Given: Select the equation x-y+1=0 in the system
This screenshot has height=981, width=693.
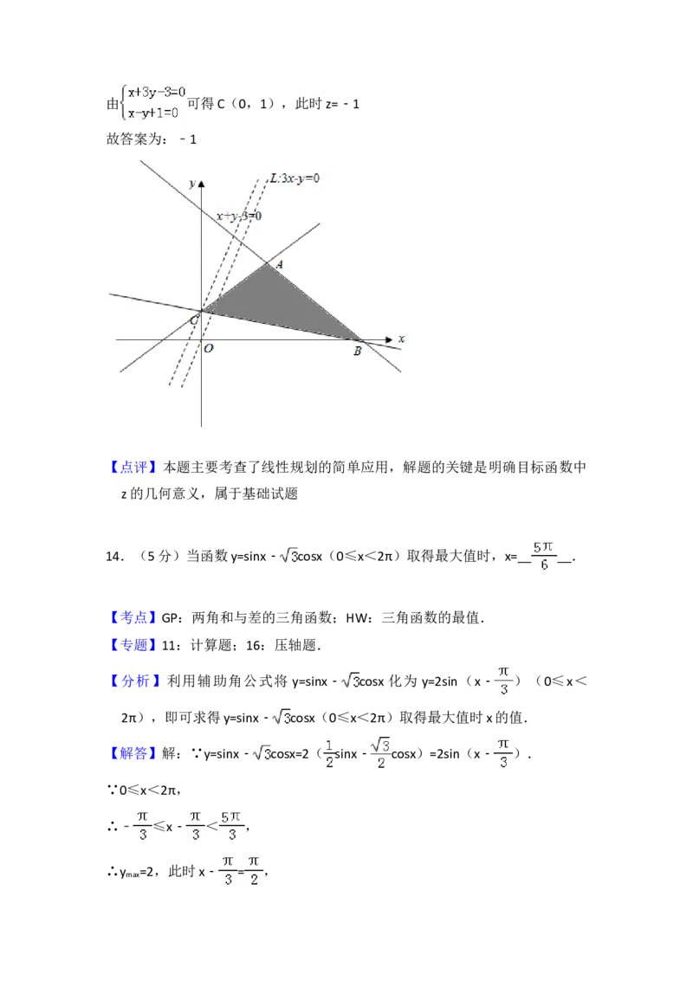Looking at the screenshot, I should tap(154, 113).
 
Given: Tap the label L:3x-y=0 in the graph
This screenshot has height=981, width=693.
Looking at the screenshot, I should tap(295, 178).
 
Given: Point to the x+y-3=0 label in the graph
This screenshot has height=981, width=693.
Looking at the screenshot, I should tap(239, 216).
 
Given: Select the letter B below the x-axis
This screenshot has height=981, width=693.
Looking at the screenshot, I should tap(357, 351).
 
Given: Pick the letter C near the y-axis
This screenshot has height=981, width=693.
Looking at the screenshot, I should tap(194, 321).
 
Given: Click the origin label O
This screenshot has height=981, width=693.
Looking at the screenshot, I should tap(209, 349).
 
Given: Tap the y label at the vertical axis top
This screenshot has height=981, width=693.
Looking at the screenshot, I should tap(191, 184).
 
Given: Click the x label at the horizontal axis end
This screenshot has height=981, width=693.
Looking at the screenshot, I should tap(401, 339).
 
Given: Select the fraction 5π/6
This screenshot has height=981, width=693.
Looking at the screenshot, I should tap(543, 555).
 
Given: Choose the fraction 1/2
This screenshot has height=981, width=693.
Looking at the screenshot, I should tap(328, 754).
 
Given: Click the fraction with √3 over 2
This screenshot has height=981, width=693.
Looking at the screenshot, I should tap(380, 754).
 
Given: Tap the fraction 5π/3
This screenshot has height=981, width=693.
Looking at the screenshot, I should tap(232, 824).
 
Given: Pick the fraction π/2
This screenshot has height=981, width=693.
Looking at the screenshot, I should tap(255, 869).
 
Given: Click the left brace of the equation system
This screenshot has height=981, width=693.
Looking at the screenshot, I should tap(123, 103).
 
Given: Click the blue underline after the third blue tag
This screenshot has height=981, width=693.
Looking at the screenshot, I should tap(176, 655).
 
